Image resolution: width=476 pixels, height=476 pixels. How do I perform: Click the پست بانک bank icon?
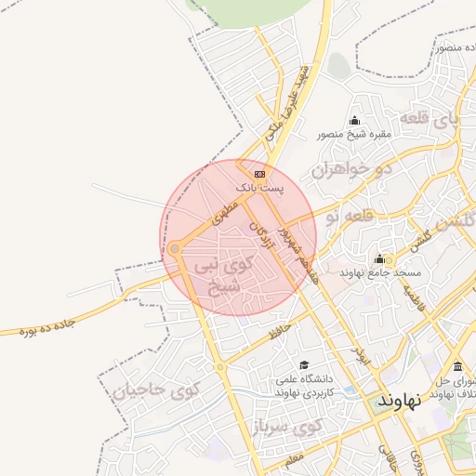point(258,174)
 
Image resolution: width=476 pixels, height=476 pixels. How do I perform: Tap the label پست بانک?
point(259,188)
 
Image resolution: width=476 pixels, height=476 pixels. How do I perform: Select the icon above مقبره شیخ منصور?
point(354,121)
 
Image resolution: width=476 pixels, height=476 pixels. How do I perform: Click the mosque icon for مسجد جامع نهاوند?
point(379,259)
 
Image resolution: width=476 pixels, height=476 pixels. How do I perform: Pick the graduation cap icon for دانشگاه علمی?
point(303,365)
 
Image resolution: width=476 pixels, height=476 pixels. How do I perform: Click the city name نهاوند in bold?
point(400,401)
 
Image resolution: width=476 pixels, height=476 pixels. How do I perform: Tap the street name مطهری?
point(225,211)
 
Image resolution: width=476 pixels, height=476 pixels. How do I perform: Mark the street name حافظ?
point(279,329)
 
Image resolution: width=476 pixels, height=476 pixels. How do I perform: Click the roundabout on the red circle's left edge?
point(174,248)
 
